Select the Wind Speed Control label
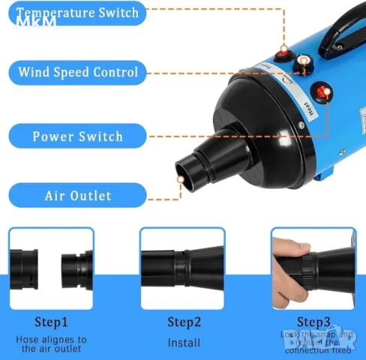coord(77,73)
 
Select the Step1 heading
coord(51,322)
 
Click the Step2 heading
coord(183,322)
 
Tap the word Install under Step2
coord(184,343)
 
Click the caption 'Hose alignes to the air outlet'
coord(51,343)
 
